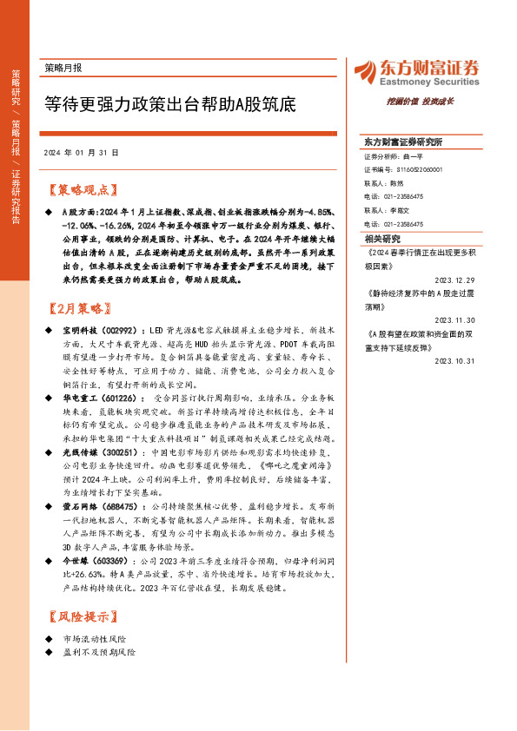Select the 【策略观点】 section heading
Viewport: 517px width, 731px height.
81,189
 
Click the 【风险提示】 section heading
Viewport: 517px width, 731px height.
81,617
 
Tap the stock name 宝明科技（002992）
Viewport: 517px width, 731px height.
96,331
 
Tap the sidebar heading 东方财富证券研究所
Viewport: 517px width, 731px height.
403,142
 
